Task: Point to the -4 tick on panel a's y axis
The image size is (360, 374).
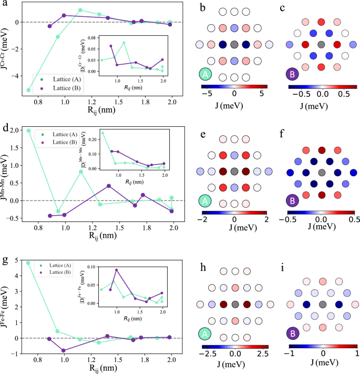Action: pos(19,76)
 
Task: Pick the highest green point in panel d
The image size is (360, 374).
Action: pos(28,130)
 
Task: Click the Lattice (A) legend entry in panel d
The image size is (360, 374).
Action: pos(59,135)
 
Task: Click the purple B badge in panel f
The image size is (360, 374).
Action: pos(290,202)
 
